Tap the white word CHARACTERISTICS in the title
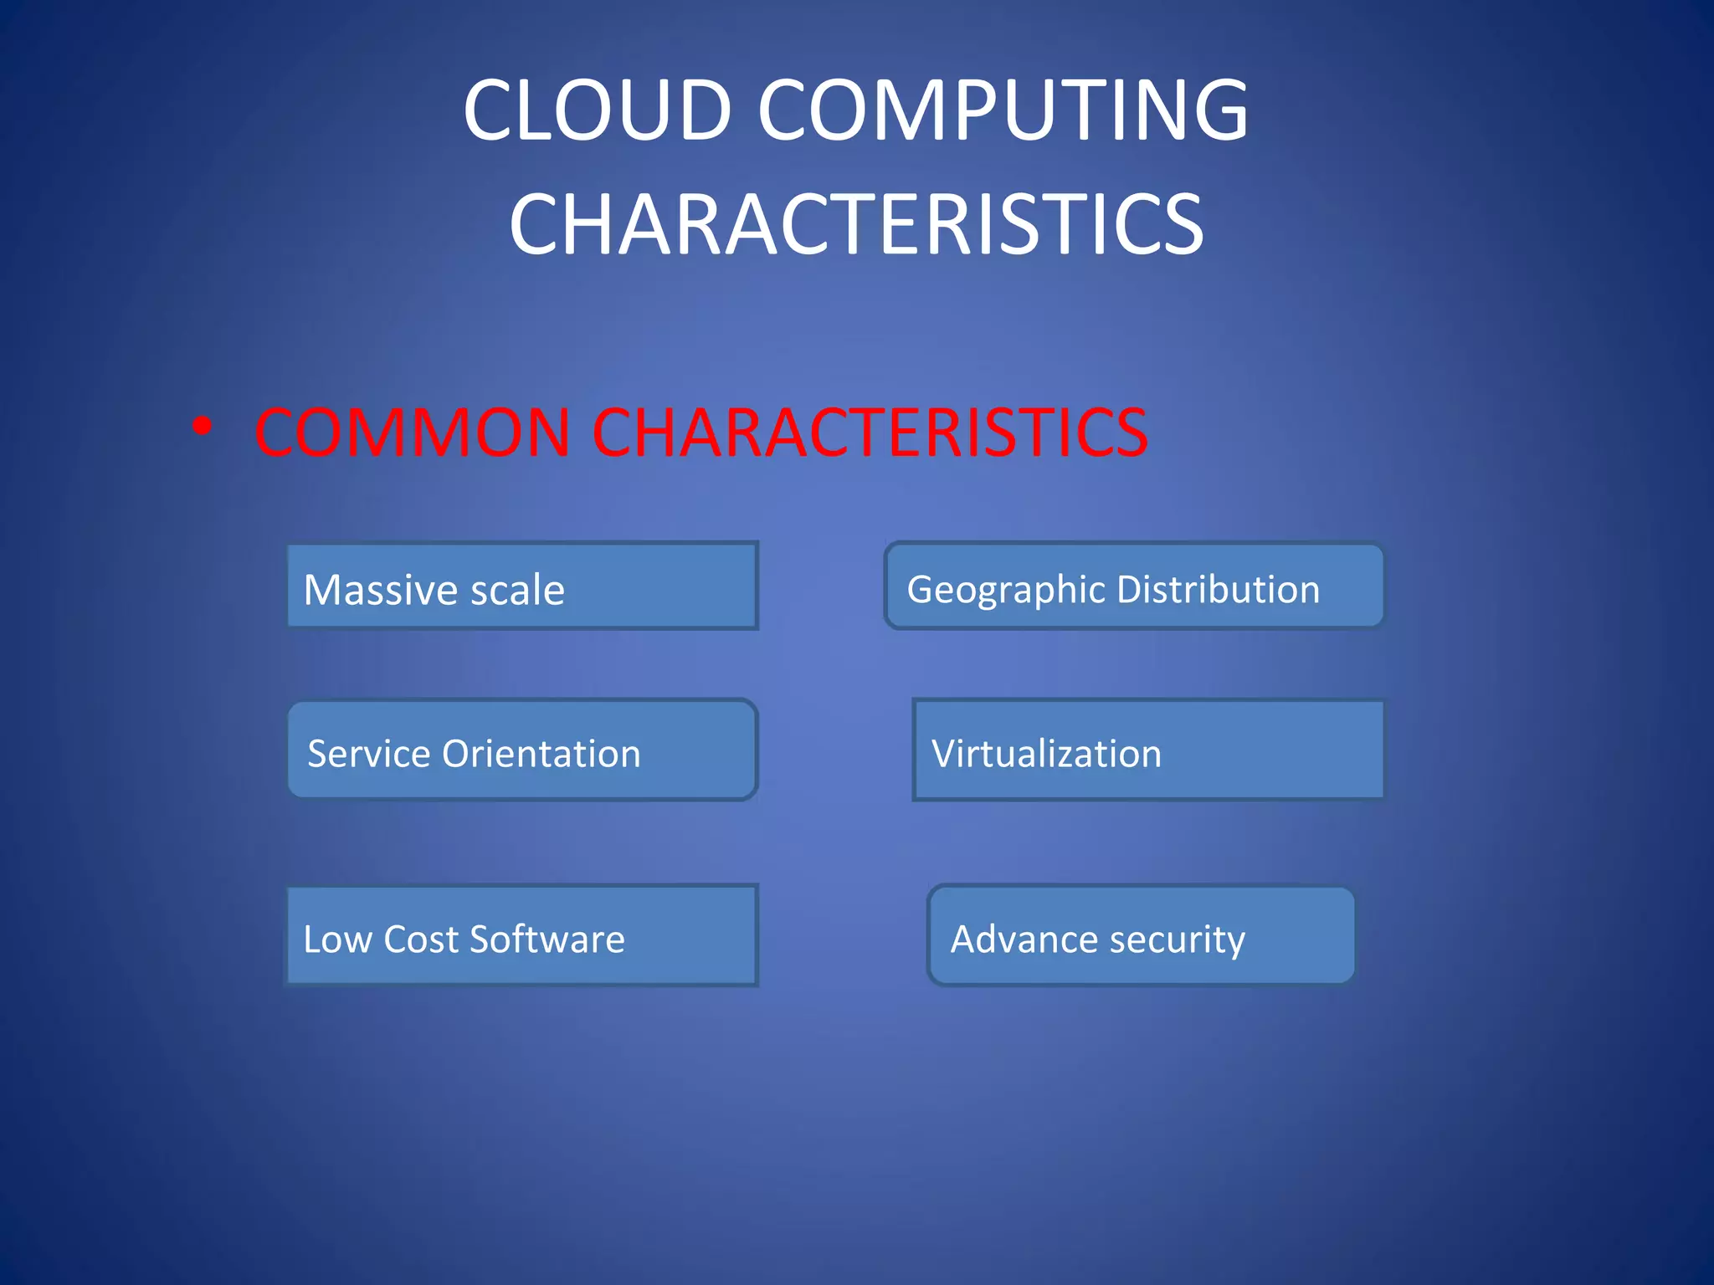[856, 223]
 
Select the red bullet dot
[202, 427]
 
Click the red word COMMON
[413, 433]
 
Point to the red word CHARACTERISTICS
[870, 433]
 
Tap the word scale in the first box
[518, 591]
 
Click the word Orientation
[541, 754]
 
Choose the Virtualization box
[1147, 750]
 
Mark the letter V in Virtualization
[944, 754]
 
